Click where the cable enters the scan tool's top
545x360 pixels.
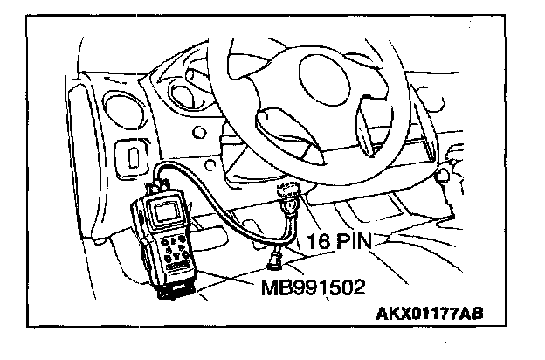[x=160, y=184]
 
